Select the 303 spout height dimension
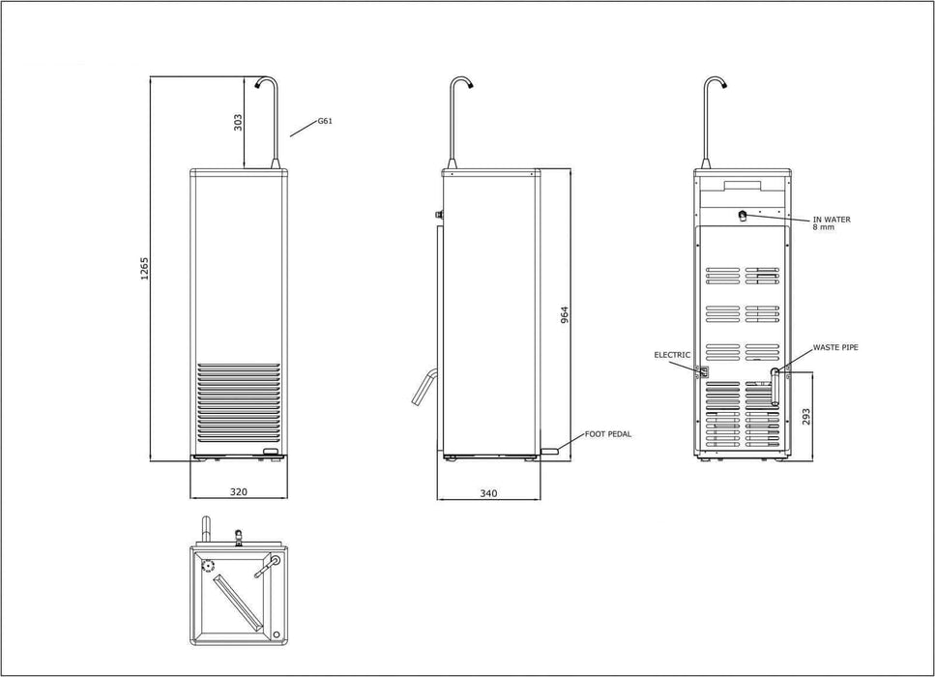[x=238, y=122]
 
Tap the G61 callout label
[x=325, y=122]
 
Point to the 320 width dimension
[x=239, y=491]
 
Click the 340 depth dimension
[x=488, y=493]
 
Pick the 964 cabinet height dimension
[x=565, y=315]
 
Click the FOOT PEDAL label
[x=608, y=434]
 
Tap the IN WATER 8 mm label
[x=831, y=223]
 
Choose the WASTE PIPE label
[x=835, y=346]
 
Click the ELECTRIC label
[x=672, y=355]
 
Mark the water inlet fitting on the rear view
[x=743, y=216]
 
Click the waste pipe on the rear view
[x=774, y=387]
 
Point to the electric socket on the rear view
[x=704, y=370]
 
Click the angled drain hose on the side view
[x=424, y=386]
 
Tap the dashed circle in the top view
[x=206, y=567]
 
